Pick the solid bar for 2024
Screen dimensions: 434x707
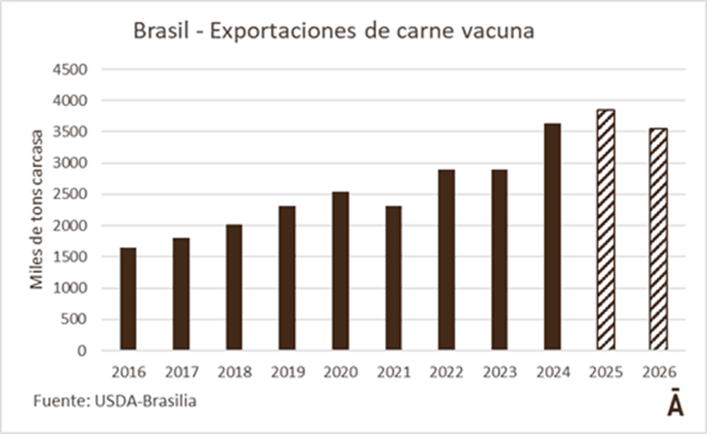pos(553,237)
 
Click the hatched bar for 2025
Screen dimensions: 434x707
pos(605,230)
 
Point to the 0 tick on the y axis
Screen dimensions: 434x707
pos(82,350)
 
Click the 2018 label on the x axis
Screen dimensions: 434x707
pos(235,372)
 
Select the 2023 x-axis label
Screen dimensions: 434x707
pos(500,372)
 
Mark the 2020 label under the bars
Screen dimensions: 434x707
pos(340,372)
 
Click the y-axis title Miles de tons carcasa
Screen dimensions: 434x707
pos(36,209)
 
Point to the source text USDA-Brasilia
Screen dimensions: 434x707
pos(145,402)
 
